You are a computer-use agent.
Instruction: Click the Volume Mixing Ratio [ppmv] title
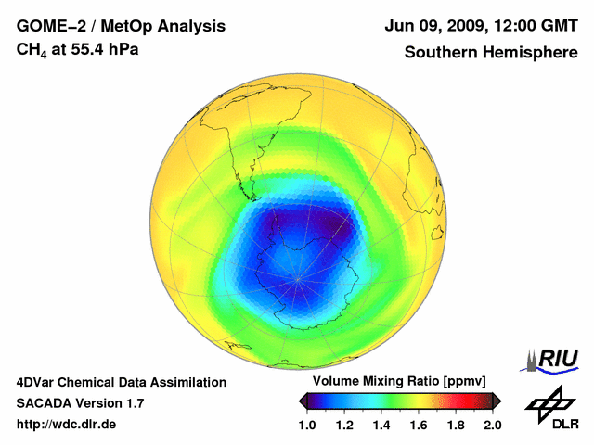pos(400,382)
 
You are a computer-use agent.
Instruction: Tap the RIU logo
pos(554,360)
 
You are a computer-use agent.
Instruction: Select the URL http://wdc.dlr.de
pos(66,425)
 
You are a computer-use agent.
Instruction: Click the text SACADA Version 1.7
pos(80,403)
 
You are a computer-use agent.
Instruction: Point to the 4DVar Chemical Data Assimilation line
pos(122,382)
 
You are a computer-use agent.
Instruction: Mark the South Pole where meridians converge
pos(298,276)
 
